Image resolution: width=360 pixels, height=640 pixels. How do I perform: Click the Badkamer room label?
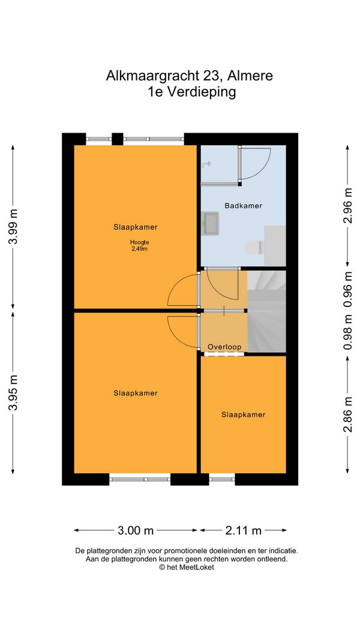[x=243, y=206]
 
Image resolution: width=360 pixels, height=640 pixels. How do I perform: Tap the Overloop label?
[x=224, y=347]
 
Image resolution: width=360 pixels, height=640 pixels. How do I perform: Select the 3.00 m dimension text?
[x=136, y=530]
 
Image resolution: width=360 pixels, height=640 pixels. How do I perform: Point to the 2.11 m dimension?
[x=243, y=530]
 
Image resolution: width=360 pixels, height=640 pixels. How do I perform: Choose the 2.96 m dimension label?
[x=347, y=205]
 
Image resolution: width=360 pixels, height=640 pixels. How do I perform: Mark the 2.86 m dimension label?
[x=347, y=414]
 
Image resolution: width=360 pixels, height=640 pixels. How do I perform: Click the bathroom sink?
[x=210, y=223]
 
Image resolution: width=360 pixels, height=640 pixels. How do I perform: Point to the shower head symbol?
[x=206, y=164]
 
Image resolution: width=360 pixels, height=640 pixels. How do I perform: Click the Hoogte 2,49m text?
[x=140, y=245]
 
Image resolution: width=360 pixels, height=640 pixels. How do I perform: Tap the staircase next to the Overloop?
[x=266, y=311]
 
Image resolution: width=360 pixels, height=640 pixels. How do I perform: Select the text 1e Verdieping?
[x=192, y=92]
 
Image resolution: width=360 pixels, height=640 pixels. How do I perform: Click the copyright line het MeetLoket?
[x=187, y=567]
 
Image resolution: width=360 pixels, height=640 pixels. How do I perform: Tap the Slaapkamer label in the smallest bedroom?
[x=243, y=414]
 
